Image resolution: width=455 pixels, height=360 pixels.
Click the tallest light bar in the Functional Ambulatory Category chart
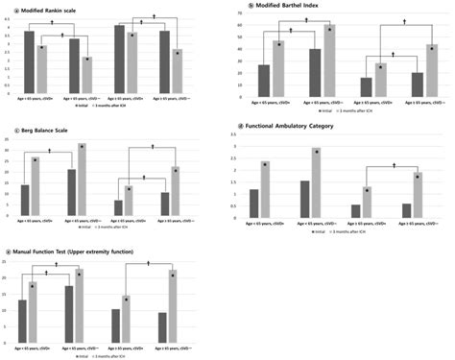click(317, 183)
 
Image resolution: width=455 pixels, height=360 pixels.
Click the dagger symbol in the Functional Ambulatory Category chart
click(395, 166)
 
